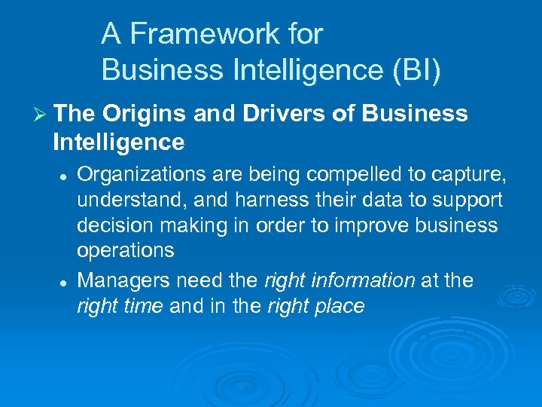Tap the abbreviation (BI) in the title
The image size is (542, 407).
click(413, 70)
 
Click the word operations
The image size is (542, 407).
click(126, 251)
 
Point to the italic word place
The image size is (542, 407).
click(339, 306)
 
